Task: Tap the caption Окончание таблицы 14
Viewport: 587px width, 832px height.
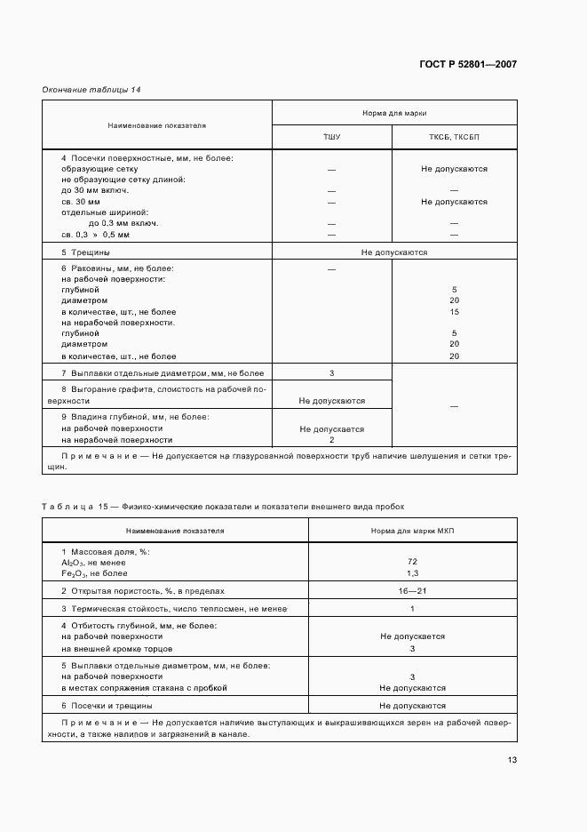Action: (x=91, y=90)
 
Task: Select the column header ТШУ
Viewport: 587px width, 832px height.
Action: (x=331, y=138)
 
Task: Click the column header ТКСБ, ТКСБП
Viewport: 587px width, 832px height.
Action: (x=454, y=138)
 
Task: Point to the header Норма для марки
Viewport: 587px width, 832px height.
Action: (x=393, y=113)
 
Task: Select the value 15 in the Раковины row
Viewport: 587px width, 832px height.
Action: (x=454, y=312)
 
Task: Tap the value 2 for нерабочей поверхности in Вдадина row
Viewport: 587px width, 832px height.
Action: (x=331, y=440)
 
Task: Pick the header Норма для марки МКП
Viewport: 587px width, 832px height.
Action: (x=412, y=531)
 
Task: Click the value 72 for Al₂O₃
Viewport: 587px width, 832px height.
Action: (x=412, y=562)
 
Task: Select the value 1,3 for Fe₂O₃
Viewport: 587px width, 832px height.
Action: (x=412, y=573)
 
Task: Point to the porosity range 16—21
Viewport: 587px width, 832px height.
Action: (x=412, y=590)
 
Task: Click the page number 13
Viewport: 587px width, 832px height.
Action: (x=512, y=760)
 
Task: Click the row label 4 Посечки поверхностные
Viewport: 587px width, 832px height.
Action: (x=147, y=157)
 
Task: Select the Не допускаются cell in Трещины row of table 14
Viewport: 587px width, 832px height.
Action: (x=393, y=252)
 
